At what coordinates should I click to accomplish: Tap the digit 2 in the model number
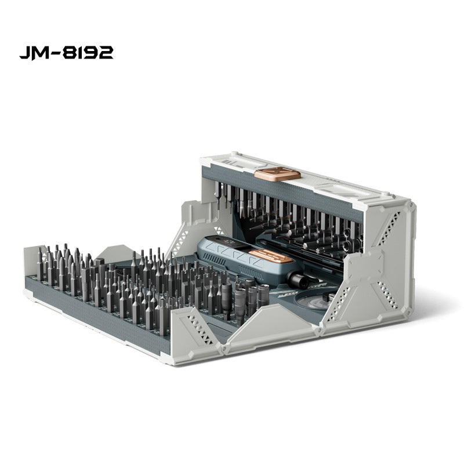(x=106, y=53)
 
